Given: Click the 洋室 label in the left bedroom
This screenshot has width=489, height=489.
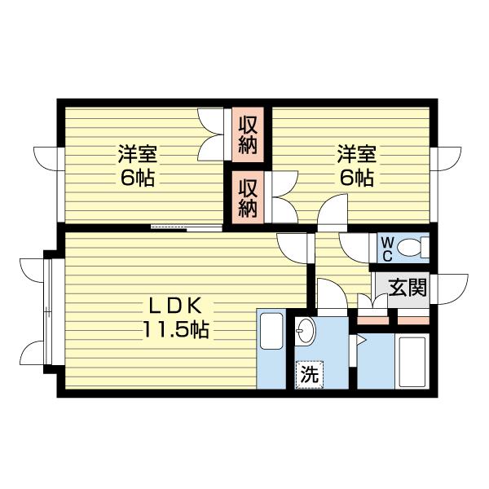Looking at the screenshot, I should pyautogui.click(x=137, y=155).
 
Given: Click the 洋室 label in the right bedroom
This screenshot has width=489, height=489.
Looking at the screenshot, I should pyautogui.click(x=356, y=155).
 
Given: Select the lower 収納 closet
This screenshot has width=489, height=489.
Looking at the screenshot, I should pyautogui.click(x=248, y=196).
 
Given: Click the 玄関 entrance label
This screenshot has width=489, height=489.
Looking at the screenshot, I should pyautogui.click(x=406, y=288).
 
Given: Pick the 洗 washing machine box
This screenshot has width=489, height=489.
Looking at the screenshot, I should pyautogui.click(x=308, y=375).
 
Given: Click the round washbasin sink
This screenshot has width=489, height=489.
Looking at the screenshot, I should pyautogui.click(x=306, y=332).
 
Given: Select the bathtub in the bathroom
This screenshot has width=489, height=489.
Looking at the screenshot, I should pyautogui.click(x=414, y=359).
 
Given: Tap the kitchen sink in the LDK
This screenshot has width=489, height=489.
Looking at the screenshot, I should pyautogui.click(x=270, y=330).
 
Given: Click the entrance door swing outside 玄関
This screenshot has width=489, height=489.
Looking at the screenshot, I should pyautogui.click(x=452, y=288).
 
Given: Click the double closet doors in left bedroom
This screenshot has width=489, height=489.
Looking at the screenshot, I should pyautogui.click(x=213, y=134).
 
